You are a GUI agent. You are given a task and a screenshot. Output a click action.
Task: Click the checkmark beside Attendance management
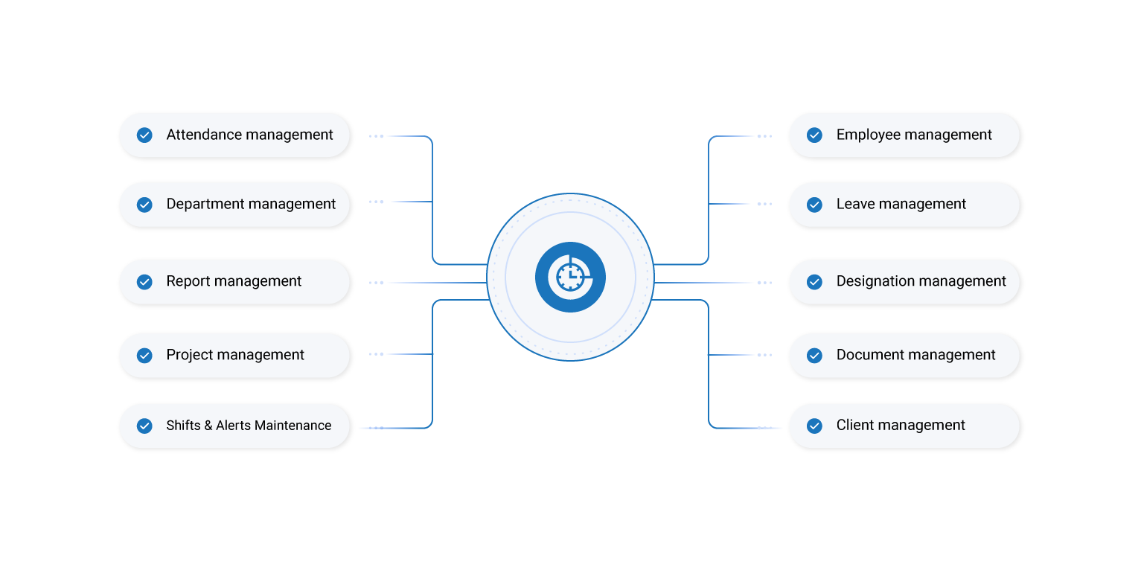[x=144, y=135]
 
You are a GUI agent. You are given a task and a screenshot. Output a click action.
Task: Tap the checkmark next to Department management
[x=144, y=205]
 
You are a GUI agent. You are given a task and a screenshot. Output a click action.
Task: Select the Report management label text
[x=234, y=281]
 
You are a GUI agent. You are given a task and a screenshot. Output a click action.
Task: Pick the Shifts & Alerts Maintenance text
[x=249, y=426]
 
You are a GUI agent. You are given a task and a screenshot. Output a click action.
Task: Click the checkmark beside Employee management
[x=814, y=135]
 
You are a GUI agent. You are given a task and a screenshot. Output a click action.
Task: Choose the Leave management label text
[x=901, y=204]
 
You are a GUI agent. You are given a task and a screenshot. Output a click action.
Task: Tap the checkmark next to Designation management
[x=814, y=282]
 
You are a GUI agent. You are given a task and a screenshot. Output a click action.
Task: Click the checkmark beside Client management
[x=814, y=426]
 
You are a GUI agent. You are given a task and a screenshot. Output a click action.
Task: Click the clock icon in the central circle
[x=570, y=277]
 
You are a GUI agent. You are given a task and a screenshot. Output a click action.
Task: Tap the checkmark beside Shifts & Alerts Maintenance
[x=144, y=426]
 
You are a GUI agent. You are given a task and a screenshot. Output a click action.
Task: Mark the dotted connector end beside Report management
[x=377, y=283]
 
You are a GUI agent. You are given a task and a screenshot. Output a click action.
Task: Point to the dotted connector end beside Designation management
[x=764, y=283]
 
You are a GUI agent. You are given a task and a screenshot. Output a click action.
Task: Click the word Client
[x=855, y=426]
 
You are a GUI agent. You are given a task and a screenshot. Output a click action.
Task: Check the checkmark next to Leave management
[x=814, y=205]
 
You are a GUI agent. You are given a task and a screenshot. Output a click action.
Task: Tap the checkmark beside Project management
[x=144, y=356]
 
